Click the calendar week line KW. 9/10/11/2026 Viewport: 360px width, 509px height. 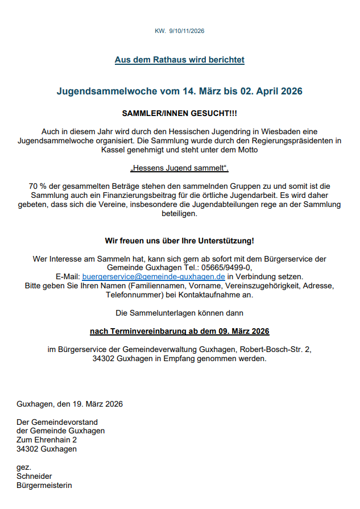[x=179, y=31]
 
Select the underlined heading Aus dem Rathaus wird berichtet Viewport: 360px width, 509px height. [x=179, y=60]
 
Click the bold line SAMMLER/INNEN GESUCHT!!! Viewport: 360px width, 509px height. [x=179, y=113]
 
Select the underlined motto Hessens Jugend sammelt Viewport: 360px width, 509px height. [x=179, y=168]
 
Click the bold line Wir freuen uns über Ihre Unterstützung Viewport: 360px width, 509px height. [x=179, y=241]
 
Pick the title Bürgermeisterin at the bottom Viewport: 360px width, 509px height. [x=44, y=485]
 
